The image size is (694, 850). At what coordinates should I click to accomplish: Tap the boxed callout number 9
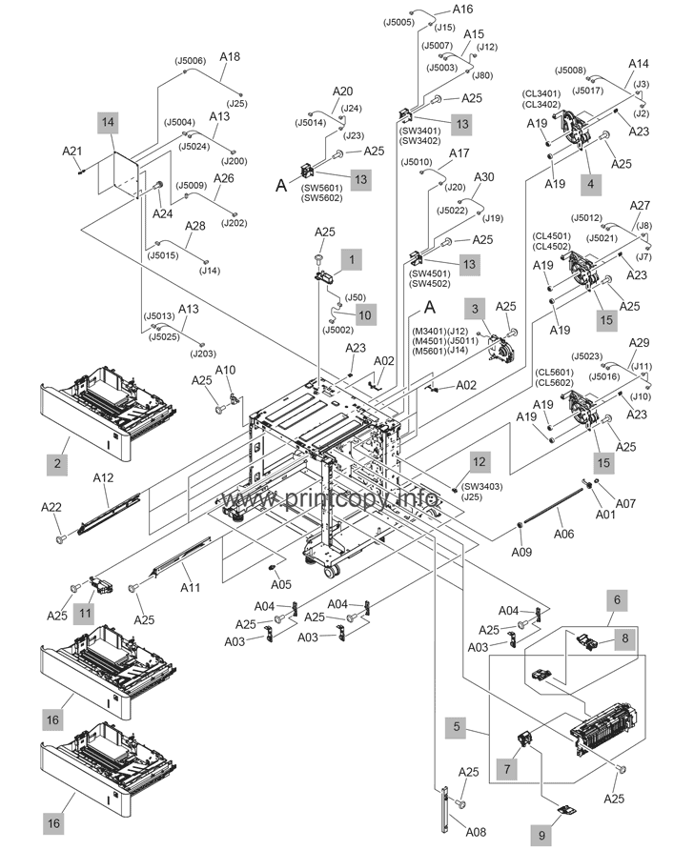coord(541,835)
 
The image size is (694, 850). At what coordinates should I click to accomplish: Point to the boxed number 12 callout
coord(479,461)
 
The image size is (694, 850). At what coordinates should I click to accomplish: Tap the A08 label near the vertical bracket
coord(477,832)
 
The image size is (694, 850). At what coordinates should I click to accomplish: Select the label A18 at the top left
coord(230,57)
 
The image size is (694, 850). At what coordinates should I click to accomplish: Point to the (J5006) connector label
coord(191,61)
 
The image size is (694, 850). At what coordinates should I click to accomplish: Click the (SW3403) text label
coord(460,486)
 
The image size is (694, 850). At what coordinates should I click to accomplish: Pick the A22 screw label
coord(53,508)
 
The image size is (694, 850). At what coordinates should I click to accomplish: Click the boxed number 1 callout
coord(352,258)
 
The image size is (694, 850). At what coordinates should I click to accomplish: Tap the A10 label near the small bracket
coord(225,369)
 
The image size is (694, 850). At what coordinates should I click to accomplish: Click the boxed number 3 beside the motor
coord(472,308)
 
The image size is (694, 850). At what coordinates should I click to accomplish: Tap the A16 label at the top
coord(462,10)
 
